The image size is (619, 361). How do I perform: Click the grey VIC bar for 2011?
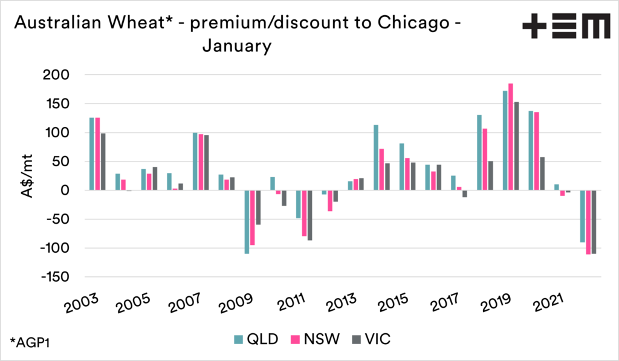309,215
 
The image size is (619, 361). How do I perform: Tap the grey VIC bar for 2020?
542,174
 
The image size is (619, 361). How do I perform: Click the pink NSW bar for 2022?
588,223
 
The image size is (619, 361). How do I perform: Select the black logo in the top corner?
566,27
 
